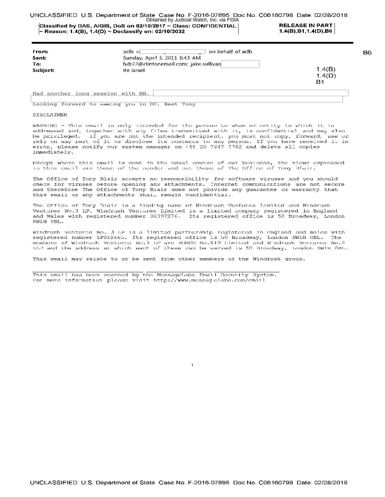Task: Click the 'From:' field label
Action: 40,52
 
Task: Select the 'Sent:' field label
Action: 39,58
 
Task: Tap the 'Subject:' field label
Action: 43,70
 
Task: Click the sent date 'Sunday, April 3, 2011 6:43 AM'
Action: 162,58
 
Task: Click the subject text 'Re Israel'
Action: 134,70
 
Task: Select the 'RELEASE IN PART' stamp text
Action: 306,25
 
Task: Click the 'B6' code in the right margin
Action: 367,52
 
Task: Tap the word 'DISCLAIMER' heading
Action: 50,115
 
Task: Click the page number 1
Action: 192,365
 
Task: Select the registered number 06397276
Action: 162,216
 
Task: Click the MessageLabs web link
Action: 209,280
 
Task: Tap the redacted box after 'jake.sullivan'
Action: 240,64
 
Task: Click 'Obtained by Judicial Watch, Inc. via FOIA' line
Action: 192,20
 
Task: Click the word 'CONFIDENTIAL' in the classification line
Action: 214,26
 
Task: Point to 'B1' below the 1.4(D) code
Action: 320,82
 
